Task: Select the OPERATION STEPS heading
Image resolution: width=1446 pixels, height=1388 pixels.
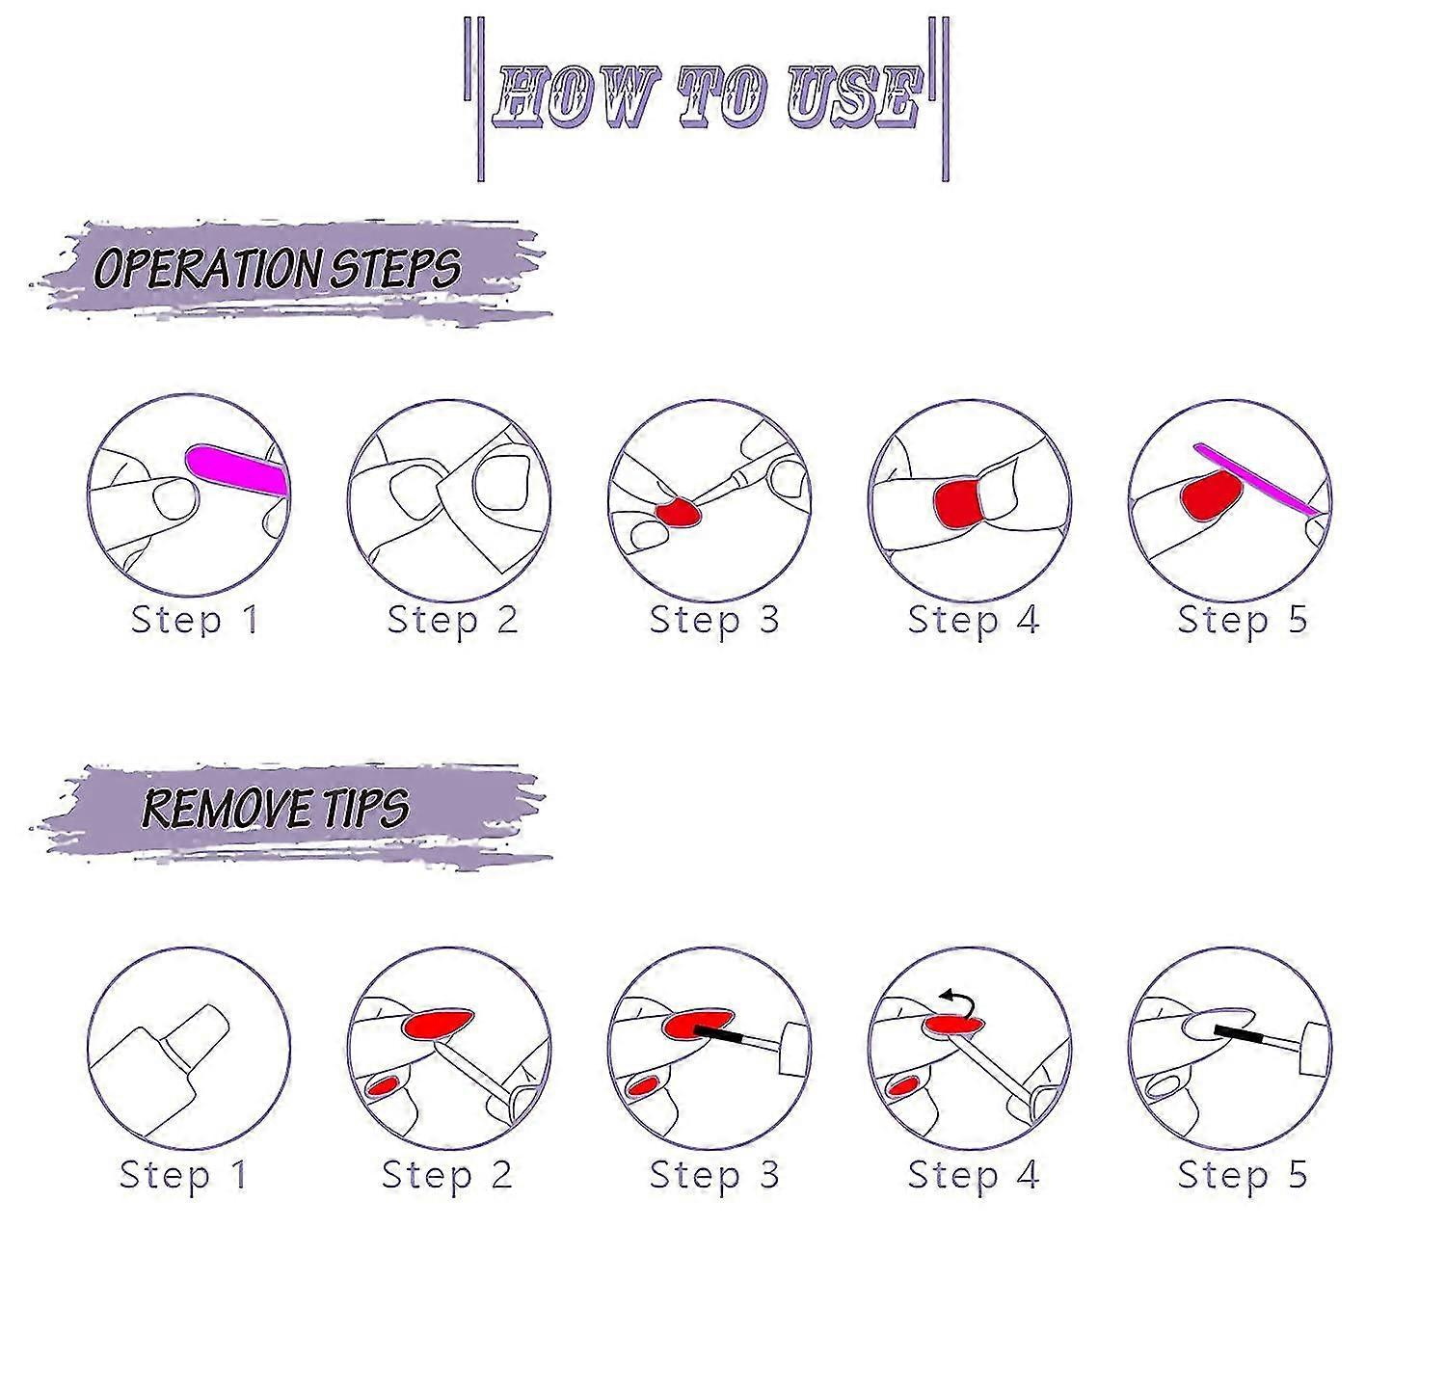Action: pyautogui.click(x=278, y=268)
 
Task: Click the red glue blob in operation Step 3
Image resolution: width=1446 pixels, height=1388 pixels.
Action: pyautogui.click(x=678, y=512)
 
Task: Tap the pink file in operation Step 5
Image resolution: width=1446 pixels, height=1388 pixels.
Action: pyautogui.click(x=1258, y=480)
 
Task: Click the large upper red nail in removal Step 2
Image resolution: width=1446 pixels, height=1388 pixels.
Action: pyautogui.click(x=441, y=1023)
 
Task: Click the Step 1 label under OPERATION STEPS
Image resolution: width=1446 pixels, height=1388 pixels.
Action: pyautogui.click(x=195, y=620)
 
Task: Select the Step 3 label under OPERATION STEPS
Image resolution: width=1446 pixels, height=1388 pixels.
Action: pyautogui.click(x=713, y=620)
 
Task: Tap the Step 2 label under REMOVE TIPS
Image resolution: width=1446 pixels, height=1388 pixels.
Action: pyautogui.click(x=446, y=1175)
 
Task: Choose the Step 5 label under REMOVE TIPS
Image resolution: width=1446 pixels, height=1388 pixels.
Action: pyautogui.click(x=1243, y=1175)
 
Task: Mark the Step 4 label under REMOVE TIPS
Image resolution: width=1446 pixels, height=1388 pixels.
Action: pyautogui.click(x=974, y=1175)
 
